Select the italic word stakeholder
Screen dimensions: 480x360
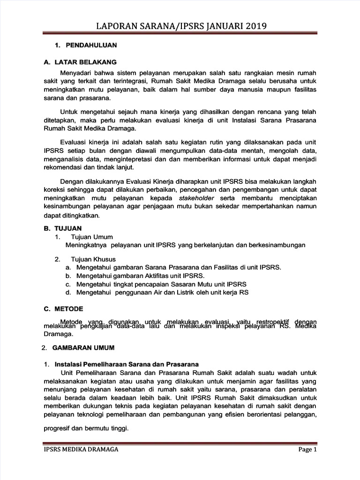click(196, 198)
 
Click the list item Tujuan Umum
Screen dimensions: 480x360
click(92, 237)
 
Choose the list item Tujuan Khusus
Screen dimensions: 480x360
click(93, 259)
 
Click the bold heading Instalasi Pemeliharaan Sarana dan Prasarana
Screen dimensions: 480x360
click(127, 364)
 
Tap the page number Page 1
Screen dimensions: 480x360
click(308, 450)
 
